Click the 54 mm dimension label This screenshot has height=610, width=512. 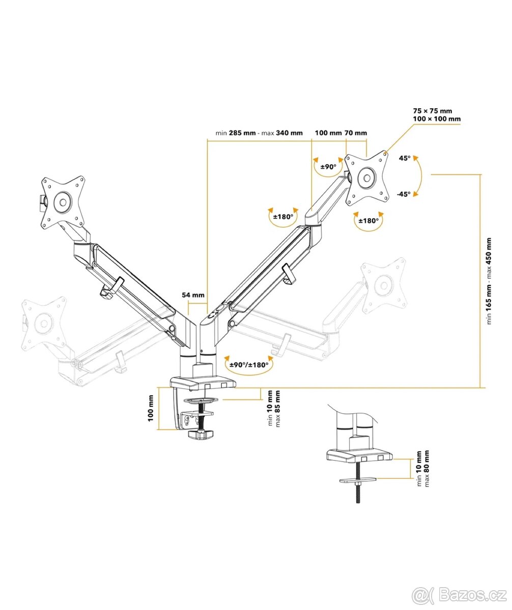point(193,294)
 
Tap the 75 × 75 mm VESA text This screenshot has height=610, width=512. point(433,110)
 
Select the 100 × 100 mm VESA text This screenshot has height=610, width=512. point(437,119)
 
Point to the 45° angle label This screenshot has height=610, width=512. point(405,158)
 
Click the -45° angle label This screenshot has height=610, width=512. point(404,194)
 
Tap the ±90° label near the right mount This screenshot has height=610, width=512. point(328,166)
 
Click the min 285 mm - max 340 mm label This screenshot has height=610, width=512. point(259,133)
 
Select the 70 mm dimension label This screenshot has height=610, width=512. point(356,133)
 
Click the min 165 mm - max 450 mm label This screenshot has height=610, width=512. point(489,281)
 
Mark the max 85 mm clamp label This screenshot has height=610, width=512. point(277,408)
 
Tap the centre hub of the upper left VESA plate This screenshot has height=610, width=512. point(63,201)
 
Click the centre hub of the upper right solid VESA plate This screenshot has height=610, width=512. point(366,178)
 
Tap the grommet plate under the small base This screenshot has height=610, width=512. point(358,479)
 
